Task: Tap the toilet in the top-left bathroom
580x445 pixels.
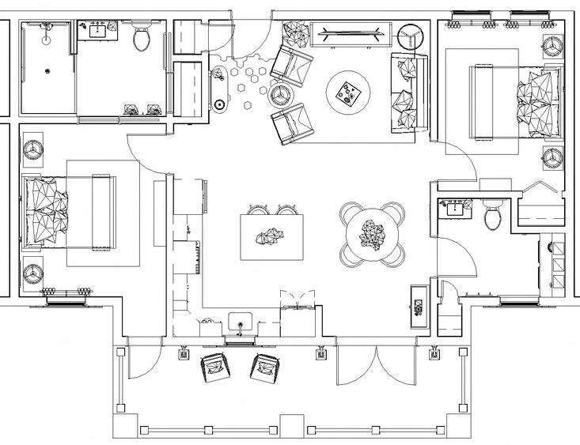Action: (143, 37)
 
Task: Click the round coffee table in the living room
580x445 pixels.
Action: (349, 92)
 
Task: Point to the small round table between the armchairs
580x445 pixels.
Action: (279, 94)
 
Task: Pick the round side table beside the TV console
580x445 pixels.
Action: (411, 36)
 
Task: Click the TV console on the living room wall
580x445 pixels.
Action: (351, 33)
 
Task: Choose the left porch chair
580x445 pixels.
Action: (214, 367)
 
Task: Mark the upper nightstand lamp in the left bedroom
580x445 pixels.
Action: (33, 148)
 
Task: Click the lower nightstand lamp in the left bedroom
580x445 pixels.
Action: (33, 271)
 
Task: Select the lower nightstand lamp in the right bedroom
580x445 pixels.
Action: (552, 157)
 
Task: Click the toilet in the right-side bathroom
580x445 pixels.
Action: (492, 214)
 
